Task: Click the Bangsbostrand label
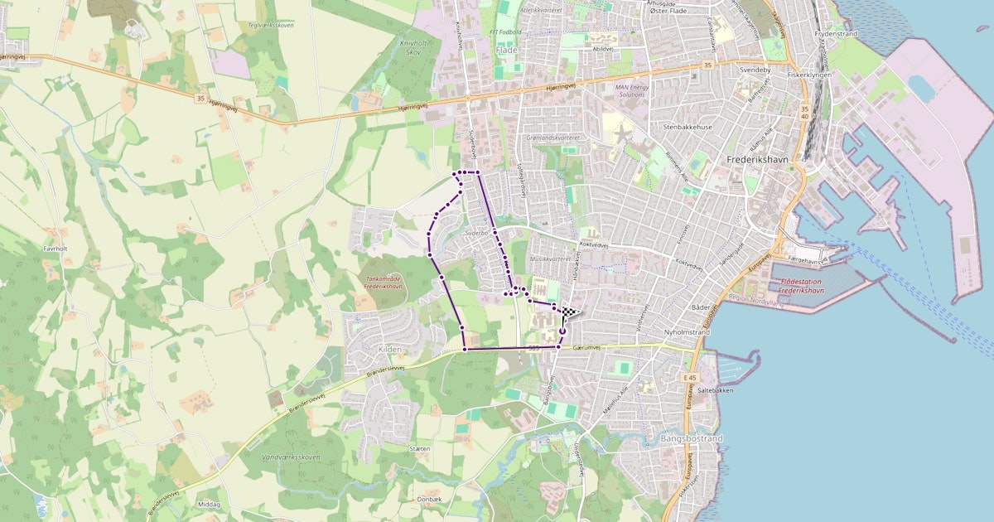pyautogui.click(x=692, y=437)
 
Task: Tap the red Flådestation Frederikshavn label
pyautogui.click(x=811, y=287)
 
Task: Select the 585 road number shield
pyautogui.click(x=533, y=348)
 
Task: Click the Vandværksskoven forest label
pyautogui.click(x=290, y=457)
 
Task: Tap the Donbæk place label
pyautogui.click(x=429, y=499)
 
